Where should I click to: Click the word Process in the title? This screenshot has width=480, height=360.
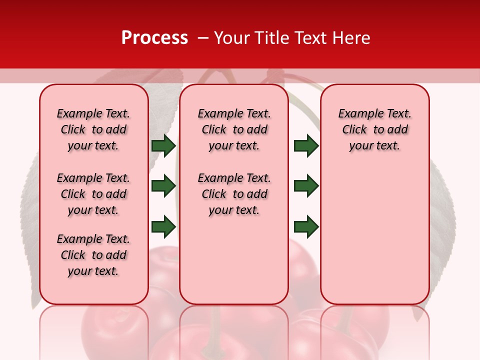coord(154,38)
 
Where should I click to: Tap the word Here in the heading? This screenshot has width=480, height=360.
coord(352,38)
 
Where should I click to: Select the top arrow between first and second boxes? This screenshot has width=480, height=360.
coord(163,145)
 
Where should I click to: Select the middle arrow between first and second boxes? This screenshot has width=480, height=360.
coord(163,186)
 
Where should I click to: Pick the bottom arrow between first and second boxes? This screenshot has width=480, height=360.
coord(163,226)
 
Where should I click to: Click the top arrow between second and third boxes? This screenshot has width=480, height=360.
coord(306,145)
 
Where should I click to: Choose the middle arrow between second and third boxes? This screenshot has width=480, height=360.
coord(306,186)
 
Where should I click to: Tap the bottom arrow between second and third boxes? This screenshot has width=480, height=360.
coord(306,226)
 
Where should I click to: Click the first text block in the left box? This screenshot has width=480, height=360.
coord(93,129)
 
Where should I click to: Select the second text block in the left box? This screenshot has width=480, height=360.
coord(93,194)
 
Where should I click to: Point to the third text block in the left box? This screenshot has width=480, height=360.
coord(93,255)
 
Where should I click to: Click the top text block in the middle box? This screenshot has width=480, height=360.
coord(234,129)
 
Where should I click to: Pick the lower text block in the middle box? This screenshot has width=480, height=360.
coord(234,194)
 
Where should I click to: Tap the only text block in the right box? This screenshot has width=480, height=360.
coord(374,129)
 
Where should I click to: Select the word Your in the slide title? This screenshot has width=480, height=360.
coord(231,38)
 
